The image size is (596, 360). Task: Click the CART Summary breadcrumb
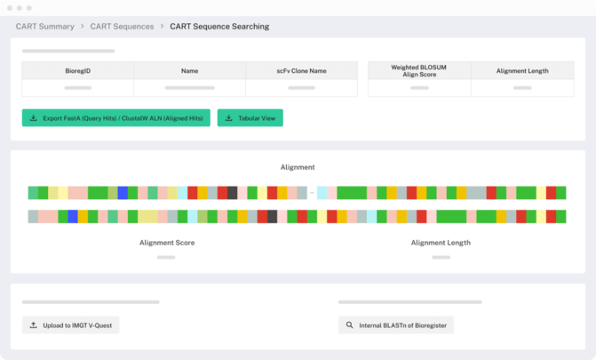click(44, 27)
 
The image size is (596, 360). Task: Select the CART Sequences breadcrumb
click(121, 27)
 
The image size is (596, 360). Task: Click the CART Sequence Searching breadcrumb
click(219, 27)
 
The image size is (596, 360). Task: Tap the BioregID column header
click(77, 71)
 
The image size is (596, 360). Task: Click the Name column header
click(189, 71)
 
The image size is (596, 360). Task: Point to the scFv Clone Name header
click(301, 71)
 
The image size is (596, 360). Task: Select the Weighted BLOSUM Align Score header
click(418, 71)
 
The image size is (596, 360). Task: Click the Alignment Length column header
click(522, 71)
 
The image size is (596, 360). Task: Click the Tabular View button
click(250, 117)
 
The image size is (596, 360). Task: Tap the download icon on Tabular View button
click(229, 117)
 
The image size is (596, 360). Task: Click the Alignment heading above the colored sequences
click(298, 167)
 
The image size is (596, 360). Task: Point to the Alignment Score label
click(167, 242)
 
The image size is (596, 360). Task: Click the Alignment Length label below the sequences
click(441, 242)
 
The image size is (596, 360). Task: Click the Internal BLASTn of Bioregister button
click(396, 325)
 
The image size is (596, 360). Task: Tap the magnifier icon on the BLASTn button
click(350, 325)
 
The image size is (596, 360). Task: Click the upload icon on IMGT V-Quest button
click(34, 325)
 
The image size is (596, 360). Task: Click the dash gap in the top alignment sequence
click(312, 193)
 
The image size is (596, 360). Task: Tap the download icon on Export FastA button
click(34, 117)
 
